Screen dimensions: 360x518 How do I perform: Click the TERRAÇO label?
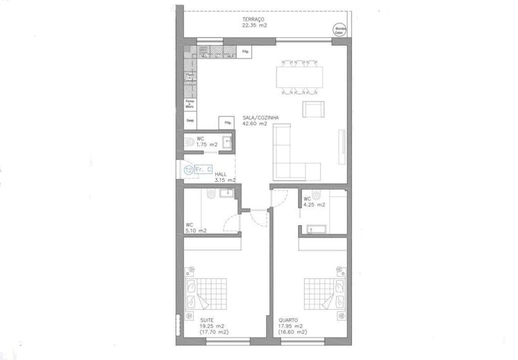click(253, 19)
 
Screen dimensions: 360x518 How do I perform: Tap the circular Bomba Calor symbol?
click(340, 30)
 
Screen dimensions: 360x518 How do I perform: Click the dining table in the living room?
click(299, 76)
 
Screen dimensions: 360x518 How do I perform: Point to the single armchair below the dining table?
click(313, 109)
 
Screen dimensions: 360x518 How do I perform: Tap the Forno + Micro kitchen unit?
click(190, 104)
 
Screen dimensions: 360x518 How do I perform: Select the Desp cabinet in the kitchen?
click(190, 120)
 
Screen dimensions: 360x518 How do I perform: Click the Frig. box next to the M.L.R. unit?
click(245, 51)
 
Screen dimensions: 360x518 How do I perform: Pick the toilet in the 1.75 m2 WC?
click(189, 142)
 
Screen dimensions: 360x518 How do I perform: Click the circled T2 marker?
click(188, 170)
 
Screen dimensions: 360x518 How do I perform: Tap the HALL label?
click(221, 174)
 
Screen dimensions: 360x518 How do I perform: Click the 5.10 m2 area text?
click(196, 230)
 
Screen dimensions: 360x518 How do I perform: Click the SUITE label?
click(207, 320)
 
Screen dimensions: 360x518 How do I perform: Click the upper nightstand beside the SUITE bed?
click(189, 272)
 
